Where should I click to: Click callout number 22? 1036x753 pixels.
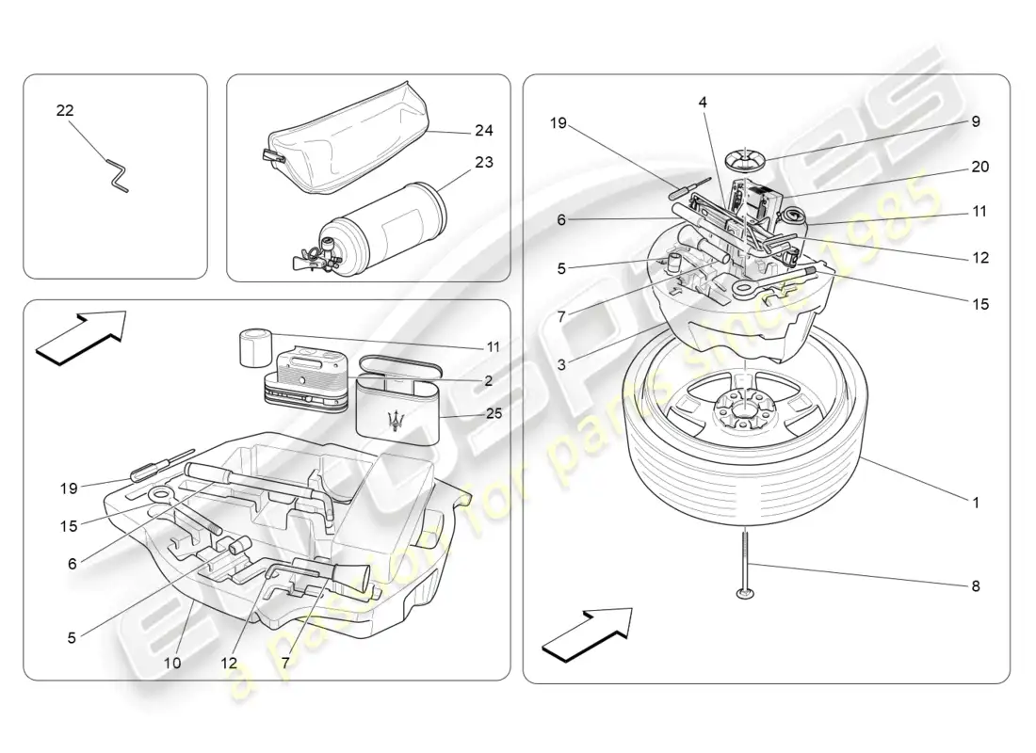(x=65, y=111)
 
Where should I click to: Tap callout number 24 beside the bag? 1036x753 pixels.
(x=484, y=131)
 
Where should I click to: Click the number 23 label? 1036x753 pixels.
(x=484, y=162)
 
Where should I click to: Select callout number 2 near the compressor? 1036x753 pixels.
(x=488, y=381)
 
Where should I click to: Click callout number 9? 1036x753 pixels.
(x=976, y=121)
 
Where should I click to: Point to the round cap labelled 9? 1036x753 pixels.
(x=746, y=156)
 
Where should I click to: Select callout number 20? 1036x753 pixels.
(x=979, y=167)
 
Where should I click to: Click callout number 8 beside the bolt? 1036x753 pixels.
(x=976, y=586)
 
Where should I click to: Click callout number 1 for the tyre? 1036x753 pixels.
(x=976, y=504)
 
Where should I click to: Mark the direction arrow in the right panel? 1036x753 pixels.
(x=586, y=633)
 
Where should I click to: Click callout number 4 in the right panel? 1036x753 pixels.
(x=703, y=102)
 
